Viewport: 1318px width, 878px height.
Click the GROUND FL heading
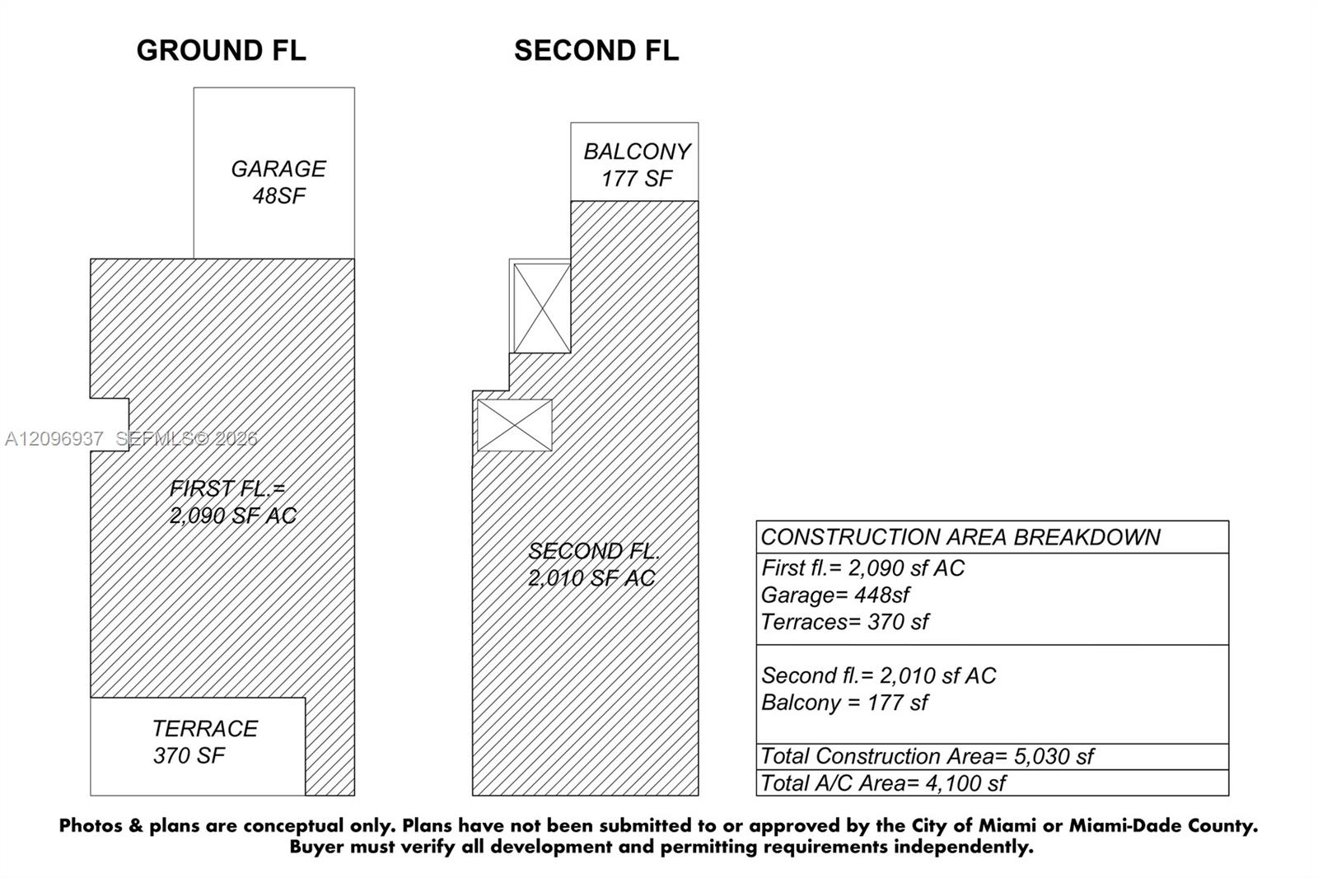tap(222, 50)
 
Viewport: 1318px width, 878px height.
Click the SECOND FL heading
tap(596, 50)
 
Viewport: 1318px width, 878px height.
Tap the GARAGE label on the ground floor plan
tap(278, 169)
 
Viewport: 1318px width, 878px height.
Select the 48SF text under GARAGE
tap(279, 195)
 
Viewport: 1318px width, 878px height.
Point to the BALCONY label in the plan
tap(637, 152)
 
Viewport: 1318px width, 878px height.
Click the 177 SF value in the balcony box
tap(636, 178)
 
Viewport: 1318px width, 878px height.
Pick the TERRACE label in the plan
tap(205, 729)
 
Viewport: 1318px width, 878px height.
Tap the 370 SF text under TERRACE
tap(189, 755)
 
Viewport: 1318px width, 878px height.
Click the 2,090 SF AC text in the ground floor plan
tap(233, 516)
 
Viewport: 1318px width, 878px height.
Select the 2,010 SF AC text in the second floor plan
tap(591, 578)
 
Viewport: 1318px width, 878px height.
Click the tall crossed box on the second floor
tap(542, 308)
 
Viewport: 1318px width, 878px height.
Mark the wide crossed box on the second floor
tap(515, 426)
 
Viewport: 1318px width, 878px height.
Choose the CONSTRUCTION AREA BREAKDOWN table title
tap(960, 537)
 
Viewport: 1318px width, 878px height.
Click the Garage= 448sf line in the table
tap(835, 595)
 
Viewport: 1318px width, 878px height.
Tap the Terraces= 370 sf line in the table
tap(844, 622)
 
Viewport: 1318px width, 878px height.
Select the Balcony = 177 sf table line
tap(844, 703)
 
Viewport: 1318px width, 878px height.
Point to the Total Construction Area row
tap(928, 756)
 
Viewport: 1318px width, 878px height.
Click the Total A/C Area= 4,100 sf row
tap(883, 783)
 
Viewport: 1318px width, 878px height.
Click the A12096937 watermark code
tap(54, 438)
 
